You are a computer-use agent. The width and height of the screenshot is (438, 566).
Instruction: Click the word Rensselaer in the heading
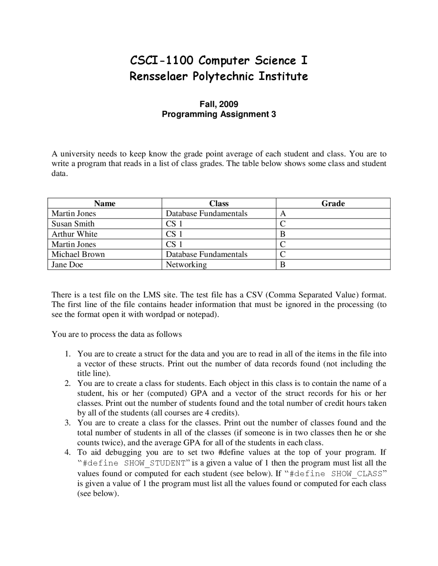coord(158,76)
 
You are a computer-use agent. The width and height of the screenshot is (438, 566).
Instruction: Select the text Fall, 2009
coord(219,104)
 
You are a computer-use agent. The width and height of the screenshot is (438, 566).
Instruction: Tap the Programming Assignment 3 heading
coord(219,114)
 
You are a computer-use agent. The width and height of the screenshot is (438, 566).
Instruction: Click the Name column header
coord(105,203)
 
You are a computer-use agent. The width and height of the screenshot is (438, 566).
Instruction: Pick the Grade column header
coord(333,203)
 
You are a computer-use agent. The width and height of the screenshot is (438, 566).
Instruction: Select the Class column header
coord(219,203)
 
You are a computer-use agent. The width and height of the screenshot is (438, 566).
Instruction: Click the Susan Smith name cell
coord(73,224)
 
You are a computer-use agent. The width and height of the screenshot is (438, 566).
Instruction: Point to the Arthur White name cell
coord(74,234)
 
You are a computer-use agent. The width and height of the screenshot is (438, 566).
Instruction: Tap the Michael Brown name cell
coord(78,254)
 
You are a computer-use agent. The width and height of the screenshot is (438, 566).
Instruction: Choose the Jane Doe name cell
coord(67,265)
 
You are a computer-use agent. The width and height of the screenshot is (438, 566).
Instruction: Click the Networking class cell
coord(186,265)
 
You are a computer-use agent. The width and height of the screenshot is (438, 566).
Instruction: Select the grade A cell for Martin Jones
coord(283,214)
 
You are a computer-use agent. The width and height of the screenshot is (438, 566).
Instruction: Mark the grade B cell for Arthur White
coord(283,234)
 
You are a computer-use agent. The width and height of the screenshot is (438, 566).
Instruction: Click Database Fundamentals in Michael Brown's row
coord(206,254)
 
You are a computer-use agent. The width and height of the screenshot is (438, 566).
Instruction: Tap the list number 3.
coord(67,423)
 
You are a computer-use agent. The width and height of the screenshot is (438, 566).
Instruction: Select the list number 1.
coord(67,354)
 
